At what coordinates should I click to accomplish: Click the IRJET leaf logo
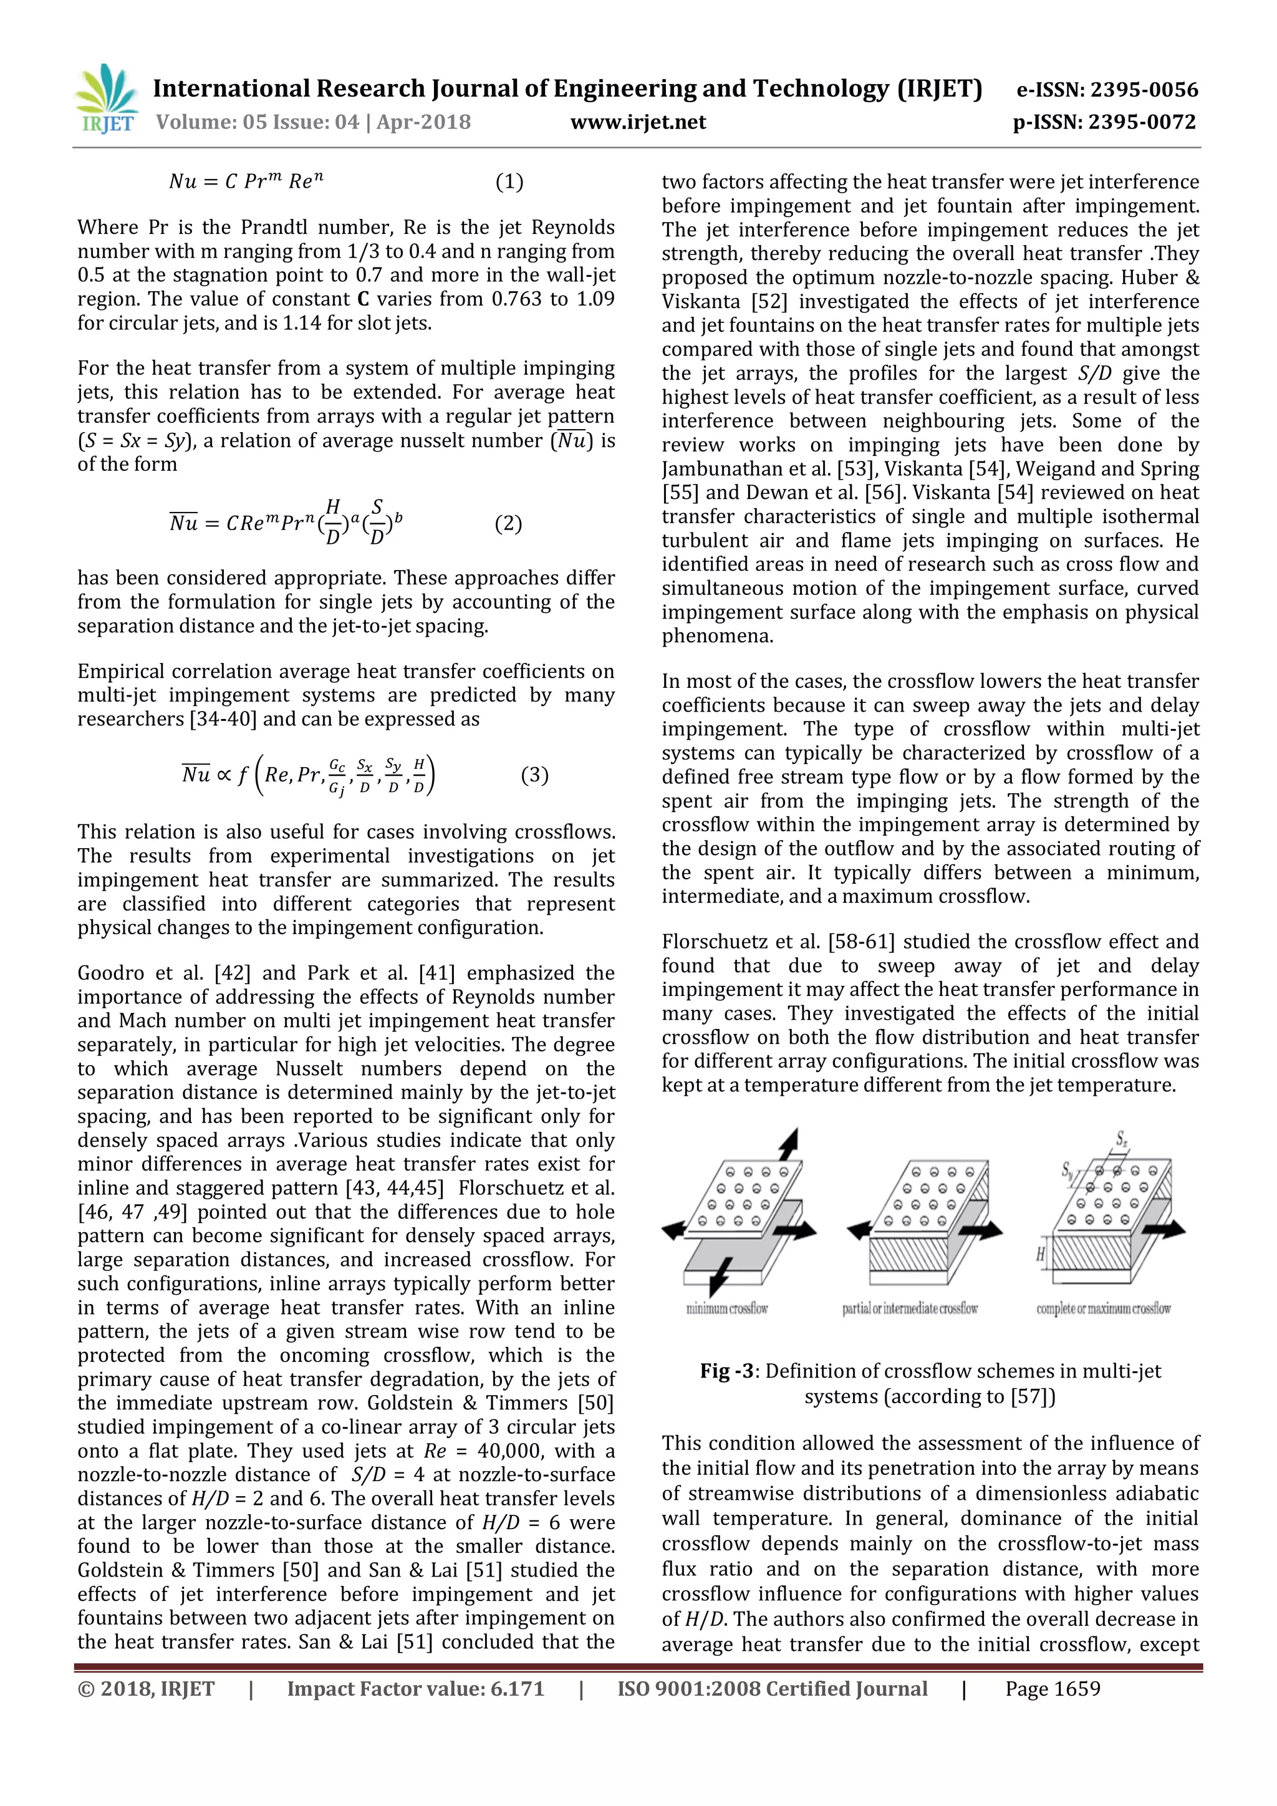(105, 99)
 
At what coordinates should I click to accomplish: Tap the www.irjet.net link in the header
(638, 122)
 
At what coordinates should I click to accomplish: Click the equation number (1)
(509, 181)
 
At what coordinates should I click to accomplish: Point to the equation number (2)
(508, 523)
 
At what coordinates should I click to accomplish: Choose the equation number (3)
(535, 775)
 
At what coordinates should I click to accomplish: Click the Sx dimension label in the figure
(1120, 1138)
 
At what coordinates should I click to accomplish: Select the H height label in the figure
(1040, 1254)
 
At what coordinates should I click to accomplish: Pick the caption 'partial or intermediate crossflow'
(910, 1309)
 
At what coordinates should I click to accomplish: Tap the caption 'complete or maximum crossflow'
(1102, 1309)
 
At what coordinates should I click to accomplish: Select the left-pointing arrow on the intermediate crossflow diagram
(859, 1229)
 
